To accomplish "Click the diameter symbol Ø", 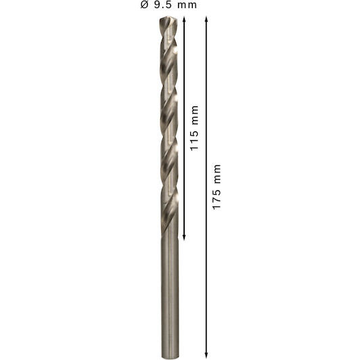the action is coord(144,5).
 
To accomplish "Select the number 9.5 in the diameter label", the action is coord(162,5).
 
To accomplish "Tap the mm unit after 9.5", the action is coord(187,5).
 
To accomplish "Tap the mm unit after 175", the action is coord(217,174).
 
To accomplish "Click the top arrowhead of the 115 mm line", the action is coord(184,19).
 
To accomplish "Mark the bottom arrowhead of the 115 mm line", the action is coord(184,237).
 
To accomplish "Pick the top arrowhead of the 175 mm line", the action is coord(206,19).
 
